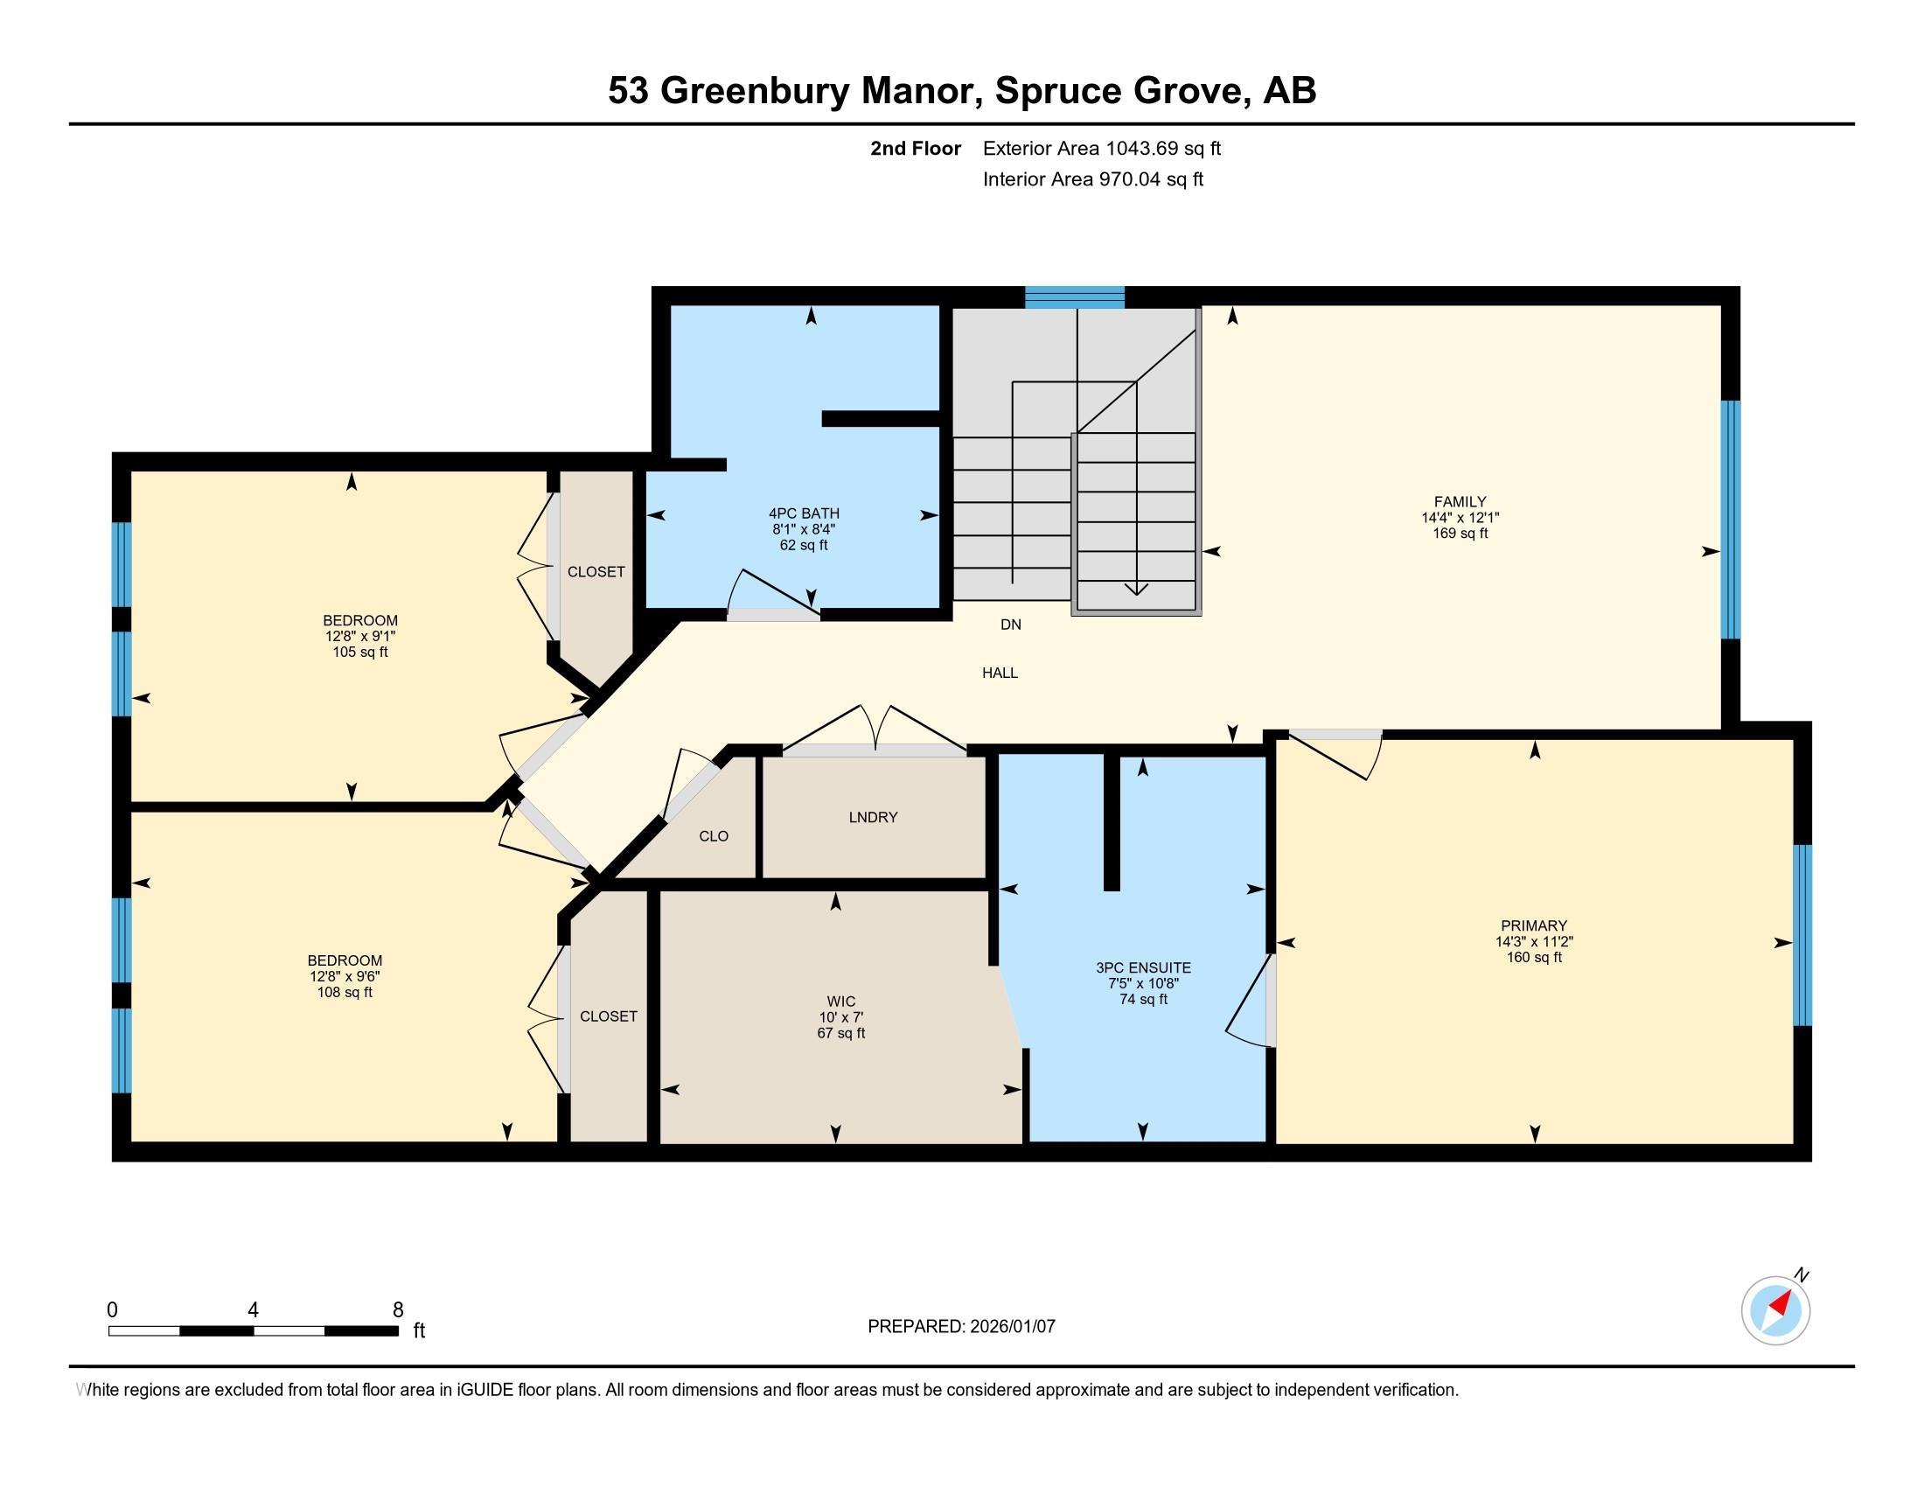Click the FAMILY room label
(1460, 502)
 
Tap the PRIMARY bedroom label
(1534, 925)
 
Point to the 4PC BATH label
(804, 513)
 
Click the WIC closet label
(841, 1002)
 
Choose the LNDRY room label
(873, 818)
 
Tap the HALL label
(1000, 673)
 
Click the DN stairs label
(1010, 625)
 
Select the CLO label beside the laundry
(714, 836)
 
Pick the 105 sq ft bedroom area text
(359, 652)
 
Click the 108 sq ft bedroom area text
(345, 992)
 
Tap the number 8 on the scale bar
(398, 1310)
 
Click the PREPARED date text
(961, 1326)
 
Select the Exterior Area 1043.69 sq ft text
(1102, 148)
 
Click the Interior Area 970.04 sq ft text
(1093, 179)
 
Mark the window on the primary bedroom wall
(1802, 936)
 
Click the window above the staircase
(1075, 297)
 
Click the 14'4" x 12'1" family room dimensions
(1460, 518)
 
